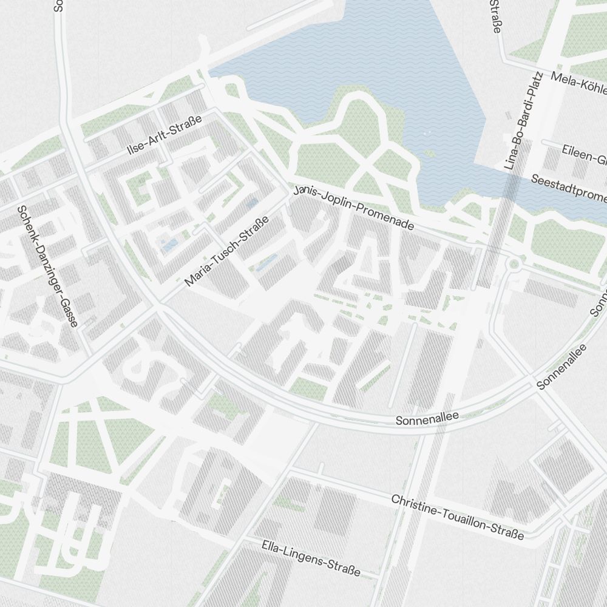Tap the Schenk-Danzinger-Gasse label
click(x=48, y=266)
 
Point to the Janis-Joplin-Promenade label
click(x=353, y=208)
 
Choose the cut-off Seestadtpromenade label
click(x=568, y=188)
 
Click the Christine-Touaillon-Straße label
click(x=457, y=517)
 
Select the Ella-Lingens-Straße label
click(x=311, y=558)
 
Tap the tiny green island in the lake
click(x=430, y=154)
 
